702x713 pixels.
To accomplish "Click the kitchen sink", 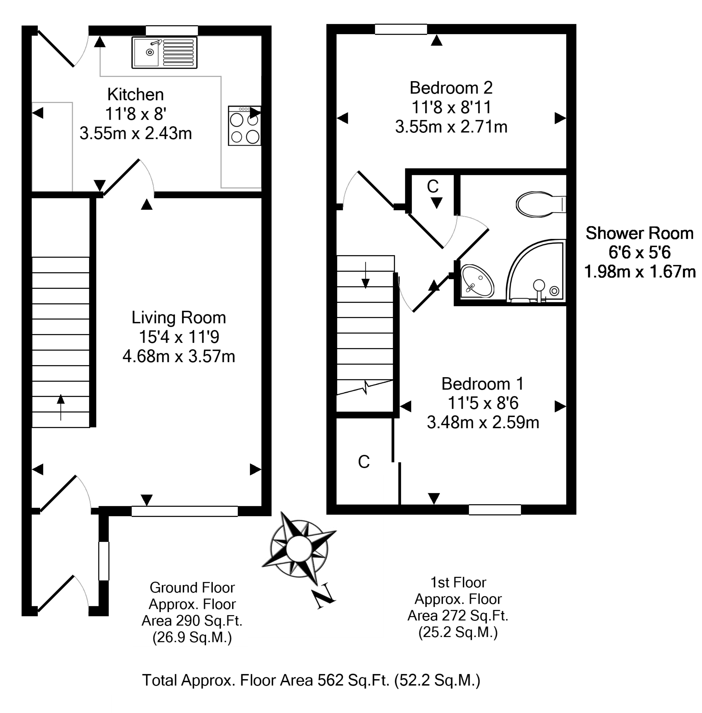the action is [x=164, y=52].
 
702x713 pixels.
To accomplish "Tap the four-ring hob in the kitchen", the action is [x=244, y=126].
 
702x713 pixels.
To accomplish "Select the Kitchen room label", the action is [x=135, y=95].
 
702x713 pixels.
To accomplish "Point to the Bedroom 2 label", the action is [x=451, y=88].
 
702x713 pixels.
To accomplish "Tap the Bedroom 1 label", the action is [x=482, y=384].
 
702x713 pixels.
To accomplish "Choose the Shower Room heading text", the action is [x=639, y=233].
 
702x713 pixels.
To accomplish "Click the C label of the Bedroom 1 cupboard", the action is [x=363, y=462].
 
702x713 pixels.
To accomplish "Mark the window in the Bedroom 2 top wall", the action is [x=401, y=29].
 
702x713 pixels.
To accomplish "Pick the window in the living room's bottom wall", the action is [x=184, y=511].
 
